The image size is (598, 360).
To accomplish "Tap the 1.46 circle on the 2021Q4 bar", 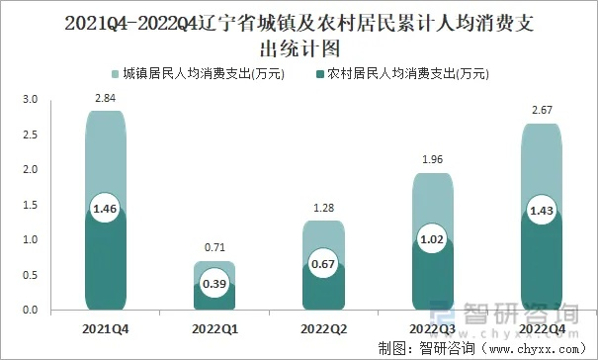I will click(104, 209).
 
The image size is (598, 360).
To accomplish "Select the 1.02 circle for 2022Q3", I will click(432, 240).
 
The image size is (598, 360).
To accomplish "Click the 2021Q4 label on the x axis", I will click(104, 327).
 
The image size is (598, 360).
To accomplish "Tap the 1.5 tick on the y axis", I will click(29, 206).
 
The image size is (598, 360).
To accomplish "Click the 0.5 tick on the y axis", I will click(29, 276).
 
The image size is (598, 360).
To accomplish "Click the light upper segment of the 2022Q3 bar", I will click(432, 203).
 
